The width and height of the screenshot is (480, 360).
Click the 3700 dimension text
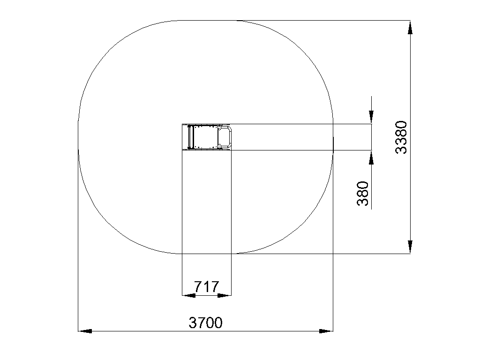point(205,322)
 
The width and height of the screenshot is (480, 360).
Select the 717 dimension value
point(207,287)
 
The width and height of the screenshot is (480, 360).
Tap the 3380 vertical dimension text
point(401,137)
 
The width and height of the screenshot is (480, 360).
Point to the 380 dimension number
point(363,194)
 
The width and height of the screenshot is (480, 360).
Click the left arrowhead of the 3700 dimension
point(85,331)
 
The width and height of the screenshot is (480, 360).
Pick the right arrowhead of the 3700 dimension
point(326,331)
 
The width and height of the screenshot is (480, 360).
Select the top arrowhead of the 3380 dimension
point(410,27)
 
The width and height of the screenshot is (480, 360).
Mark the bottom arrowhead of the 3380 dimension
point(410,247)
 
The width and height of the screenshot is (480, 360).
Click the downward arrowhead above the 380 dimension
point(371,117)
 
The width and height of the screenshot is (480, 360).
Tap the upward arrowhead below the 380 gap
point(371,157)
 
